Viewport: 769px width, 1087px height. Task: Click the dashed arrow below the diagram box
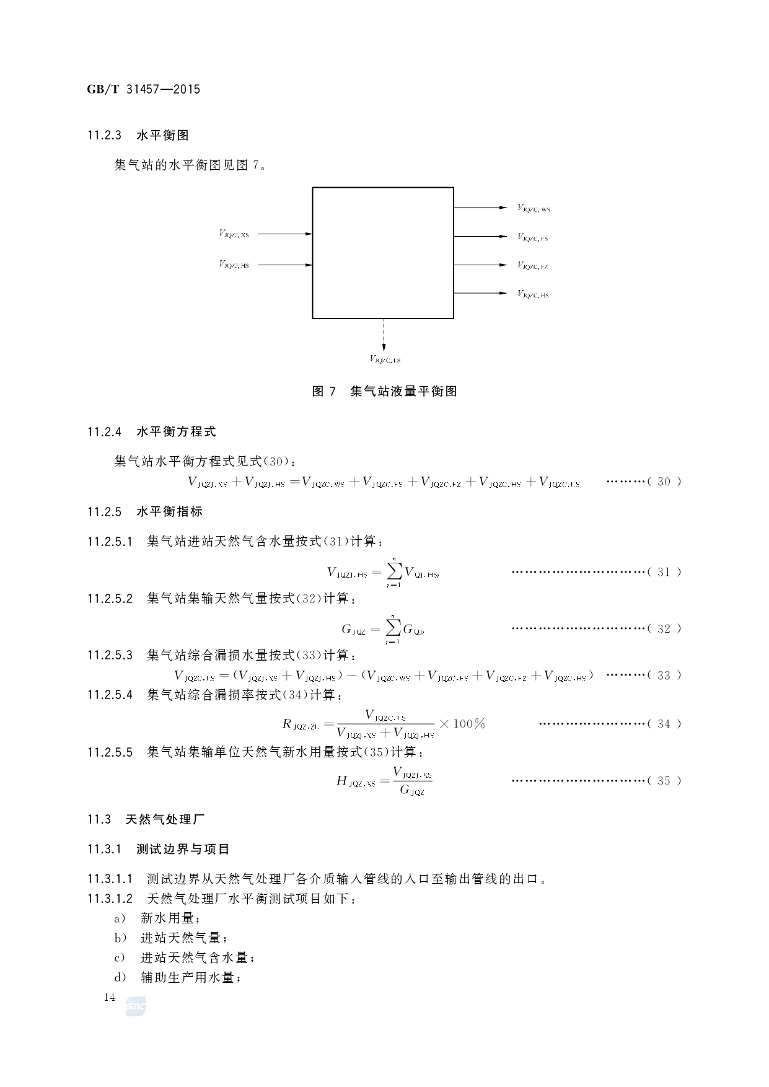pyautogui.click(x=384, y=335)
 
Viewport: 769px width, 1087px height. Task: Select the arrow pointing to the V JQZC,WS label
pyautogui.click(x=480, y=208)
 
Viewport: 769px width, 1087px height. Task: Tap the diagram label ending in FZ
pyautogui.click(x=533, y=266)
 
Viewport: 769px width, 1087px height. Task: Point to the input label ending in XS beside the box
pyautogui.click(x=234, y=234)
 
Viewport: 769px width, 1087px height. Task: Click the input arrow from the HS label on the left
pyautogui.click(x=285, y=265)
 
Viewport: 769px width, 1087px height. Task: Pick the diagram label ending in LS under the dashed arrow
pyautogui.click(x=385, y=359)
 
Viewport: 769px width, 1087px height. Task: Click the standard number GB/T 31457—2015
pyautogui.click(x=143, y=89)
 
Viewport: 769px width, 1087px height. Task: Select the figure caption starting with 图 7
pyautogui.click(x=384, y=391)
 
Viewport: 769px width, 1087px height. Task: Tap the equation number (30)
pyautogui.click(x=664, y=482)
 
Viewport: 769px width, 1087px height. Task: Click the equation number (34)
pyautogui.click(x=664, y=724)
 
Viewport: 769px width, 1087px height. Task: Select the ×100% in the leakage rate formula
pyautogui.click(x=462, y=723)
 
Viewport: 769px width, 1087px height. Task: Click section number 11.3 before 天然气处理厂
pyautogui.click(x=99, y=819)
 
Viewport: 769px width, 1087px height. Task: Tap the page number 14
pyautogui.click(x=110, y=997)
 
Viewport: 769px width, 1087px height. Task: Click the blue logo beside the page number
pyautogui.click(x=135, y=1007)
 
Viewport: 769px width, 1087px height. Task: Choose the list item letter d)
pyautogui.click(x=120, y=977)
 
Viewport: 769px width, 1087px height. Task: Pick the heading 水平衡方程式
pyautogui.click(x=176, y=431)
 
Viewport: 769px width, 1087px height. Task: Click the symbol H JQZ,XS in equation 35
pyautogui.click(x=356, y=781)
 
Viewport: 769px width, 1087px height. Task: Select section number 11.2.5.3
pyautogui.click(x=110, y=655)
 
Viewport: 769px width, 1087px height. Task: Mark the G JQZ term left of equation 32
pyautogui.click(x=353, y=630)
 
